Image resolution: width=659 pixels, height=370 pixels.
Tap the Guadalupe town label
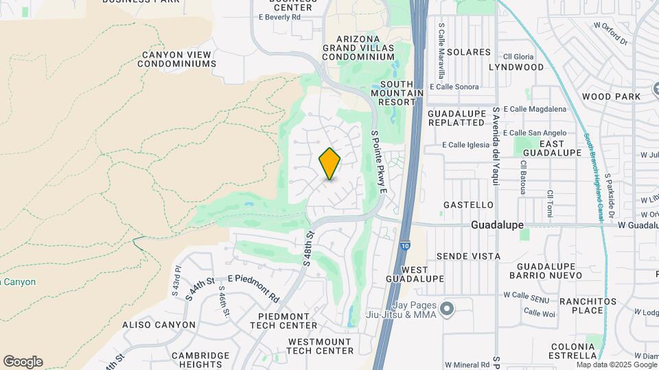coord(498,225)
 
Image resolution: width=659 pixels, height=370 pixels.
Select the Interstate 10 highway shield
coord(406,244)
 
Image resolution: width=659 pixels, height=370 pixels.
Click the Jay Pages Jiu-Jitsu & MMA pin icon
coord(448,310)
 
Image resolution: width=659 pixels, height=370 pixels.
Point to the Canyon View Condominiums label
coord(177,59)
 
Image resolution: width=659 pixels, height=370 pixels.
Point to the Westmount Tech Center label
coord(321,346)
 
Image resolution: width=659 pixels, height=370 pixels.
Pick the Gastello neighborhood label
coord(468,205)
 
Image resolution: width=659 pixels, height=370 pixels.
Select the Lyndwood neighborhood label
coord(516,67)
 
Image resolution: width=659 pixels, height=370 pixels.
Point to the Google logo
coord(23,361)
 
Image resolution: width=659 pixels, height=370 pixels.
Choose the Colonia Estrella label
coord(572,351)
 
